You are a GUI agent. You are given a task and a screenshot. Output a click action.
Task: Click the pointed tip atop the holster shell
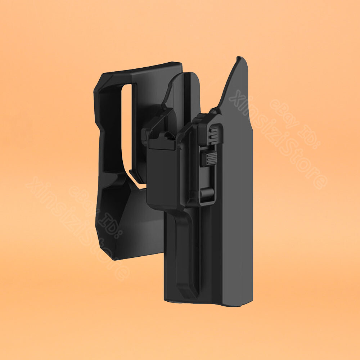pyautogui.click(x=239, y=59)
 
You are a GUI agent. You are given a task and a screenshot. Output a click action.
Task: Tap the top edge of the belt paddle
pyautogui.click(x=144, y=68)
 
